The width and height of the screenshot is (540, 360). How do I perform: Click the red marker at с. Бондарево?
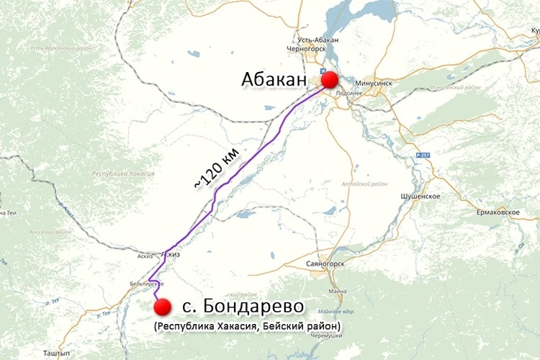click(163, 307)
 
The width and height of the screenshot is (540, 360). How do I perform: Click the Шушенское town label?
click(420, 197)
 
